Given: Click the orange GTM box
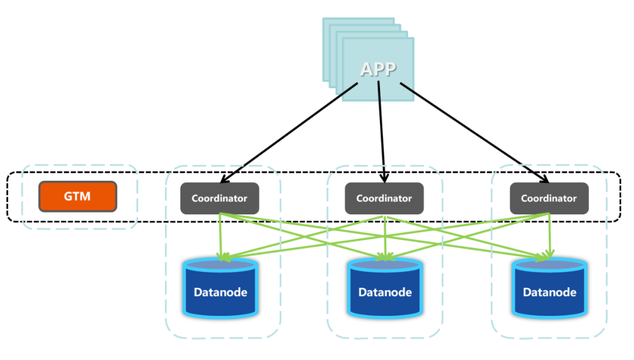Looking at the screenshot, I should pyautogui.click(x=77, y=196).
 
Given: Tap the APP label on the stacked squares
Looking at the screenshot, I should pyautogui.click(x=378, y=69).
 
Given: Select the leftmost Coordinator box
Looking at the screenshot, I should pyautogui.click(x=220, y=198).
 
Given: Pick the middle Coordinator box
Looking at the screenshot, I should pyautogui.click(x=384, y=198).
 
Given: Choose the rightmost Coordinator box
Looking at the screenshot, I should pyautogui.click(x=549, y=198).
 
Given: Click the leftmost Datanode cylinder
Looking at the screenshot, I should pyautogui.click(x=221, y=289).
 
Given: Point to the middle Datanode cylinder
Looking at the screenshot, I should pyautogui.click(x=385, y=289).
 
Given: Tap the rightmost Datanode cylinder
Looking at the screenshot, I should pyautogui.click(x=549, y=289).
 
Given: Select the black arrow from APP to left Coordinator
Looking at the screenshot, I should pyautogui.click(x=288, y=132).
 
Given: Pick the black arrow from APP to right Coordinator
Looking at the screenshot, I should pyautogui.click(x=475, y=132).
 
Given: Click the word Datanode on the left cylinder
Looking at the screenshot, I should pyautogui.click(x=221, y=292).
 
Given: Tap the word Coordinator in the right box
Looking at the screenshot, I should pyautogui.click(x=549, y=198).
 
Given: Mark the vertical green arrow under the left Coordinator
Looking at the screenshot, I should pyautogui.click(x=220, y=235).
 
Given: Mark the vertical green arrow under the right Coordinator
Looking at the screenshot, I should pyautogui.click(x=549, y=235).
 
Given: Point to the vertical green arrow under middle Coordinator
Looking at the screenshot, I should pyautogui.click(x=385, y=235).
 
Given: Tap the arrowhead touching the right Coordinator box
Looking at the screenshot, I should pyautogui.click(x=544, y=178).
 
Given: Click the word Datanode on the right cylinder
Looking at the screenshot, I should pyautogui.click(x=549, y=292).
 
